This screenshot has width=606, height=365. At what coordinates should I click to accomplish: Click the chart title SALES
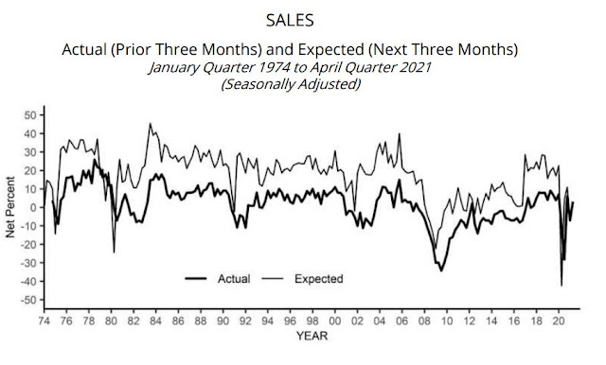tap(290, 21)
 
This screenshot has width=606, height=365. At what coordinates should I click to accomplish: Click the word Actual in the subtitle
tap(84, 49)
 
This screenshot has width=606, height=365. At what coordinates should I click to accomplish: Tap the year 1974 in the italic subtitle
tap(274, 67)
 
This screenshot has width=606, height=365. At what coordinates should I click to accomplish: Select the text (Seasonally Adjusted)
tap(291, 84)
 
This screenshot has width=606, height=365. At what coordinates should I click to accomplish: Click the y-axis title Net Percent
tap(10, 207)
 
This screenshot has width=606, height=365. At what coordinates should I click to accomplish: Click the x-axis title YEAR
tap(312, 336)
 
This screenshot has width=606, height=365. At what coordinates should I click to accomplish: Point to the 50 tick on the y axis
tap(30, 115)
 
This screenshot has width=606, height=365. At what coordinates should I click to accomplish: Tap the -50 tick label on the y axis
tap(28, 300)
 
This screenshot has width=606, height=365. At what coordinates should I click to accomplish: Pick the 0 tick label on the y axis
tap(33, 208)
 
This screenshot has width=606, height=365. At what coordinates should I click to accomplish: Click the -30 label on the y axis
tap(28, 263)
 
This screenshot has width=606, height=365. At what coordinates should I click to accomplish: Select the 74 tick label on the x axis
tap(45, 321)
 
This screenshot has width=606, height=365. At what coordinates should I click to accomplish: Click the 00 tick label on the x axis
tap(334, 321)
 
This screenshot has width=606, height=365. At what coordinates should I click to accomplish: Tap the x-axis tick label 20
tap(559, 321)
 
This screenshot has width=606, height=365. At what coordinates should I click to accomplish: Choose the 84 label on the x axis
tap(155, 321)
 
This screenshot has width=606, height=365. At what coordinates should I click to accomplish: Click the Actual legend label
tap(234, 279)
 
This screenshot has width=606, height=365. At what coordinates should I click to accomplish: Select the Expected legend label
tap(319, 279)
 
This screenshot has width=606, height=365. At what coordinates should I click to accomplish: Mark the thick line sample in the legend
tap(196, 279)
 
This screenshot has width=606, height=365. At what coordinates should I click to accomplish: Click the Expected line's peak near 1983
tap(150, 124)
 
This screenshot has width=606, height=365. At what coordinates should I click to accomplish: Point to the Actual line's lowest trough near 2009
tap(441, 270)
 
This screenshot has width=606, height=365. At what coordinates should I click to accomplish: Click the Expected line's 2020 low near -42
tap(561, 286)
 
